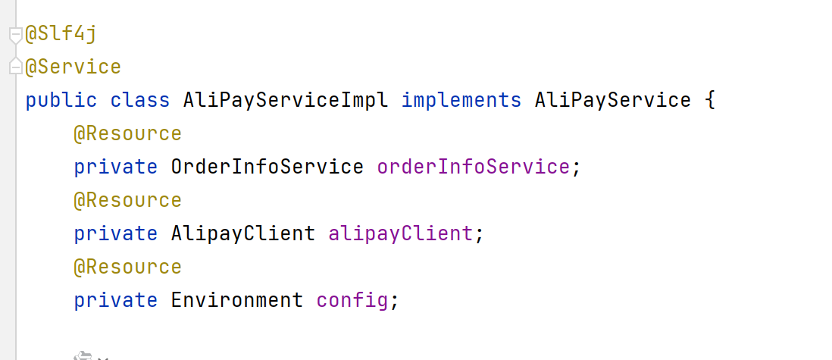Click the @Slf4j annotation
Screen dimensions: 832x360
62,34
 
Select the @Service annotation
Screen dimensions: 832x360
74,67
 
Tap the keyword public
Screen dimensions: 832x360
61,100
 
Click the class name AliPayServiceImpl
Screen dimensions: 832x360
285,100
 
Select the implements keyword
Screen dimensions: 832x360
461,100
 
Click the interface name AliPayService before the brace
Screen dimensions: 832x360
612,100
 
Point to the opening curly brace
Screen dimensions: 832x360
709,100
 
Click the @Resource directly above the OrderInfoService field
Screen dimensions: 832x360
127,134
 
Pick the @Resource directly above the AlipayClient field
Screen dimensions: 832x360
127,201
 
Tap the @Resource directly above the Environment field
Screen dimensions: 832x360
127,268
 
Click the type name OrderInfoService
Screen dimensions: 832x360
267,167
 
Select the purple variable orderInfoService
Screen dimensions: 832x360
473,167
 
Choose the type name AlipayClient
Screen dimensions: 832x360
242,233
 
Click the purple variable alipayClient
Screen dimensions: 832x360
400,233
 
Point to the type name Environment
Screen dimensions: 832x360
236,300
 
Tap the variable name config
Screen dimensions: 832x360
352,300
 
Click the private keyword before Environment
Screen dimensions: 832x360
115,300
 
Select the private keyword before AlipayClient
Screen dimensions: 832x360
115,233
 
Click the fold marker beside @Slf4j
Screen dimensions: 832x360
15,34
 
